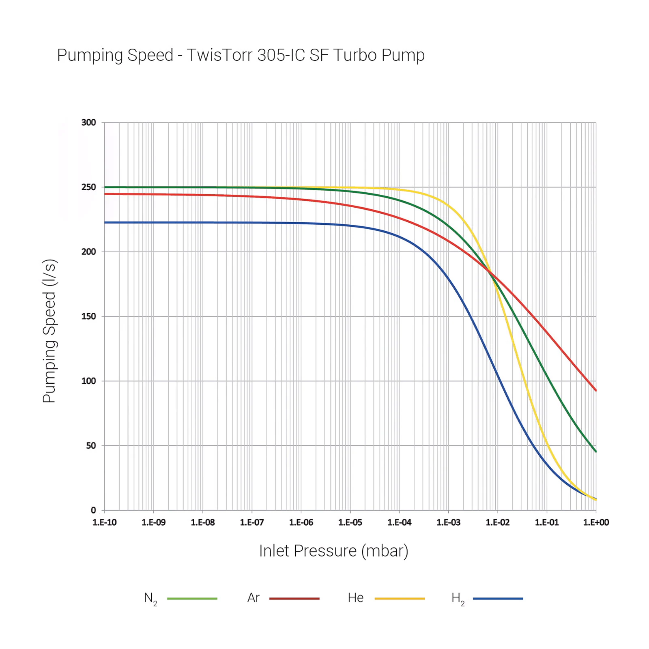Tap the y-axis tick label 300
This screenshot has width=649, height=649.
point(88,122)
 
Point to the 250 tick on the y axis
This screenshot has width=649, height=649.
point(88,187)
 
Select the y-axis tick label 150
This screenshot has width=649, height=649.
point(88,316)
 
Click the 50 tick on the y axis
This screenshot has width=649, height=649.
point(91,446)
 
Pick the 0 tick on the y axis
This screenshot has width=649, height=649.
point(93,510)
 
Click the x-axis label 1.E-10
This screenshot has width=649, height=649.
point(104,522)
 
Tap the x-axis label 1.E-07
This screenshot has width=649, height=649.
point(252,522)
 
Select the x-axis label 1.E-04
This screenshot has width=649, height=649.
point(399,522)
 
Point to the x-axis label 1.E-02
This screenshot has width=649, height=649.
point(498,522)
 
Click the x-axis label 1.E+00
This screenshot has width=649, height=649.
point(596,522)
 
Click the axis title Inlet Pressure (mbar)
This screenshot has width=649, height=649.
point(333,551)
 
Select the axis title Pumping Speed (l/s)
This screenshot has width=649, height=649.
point(49,331)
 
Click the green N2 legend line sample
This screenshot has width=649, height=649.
point(192,598)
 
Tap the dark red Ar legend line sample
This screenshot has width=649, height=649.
point(294,598)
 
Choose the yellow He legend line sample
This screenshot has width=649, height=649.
point(400,598)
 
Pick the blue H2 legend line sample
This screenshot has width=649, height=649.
point(498,598)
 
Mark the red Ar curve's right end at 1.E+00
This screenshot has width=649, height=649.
point(595,390)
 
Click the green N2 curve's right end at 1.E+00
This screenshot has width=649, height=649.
point(595,451)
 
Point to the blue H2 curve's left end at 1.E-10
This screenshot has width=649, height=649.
point(105,222)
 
